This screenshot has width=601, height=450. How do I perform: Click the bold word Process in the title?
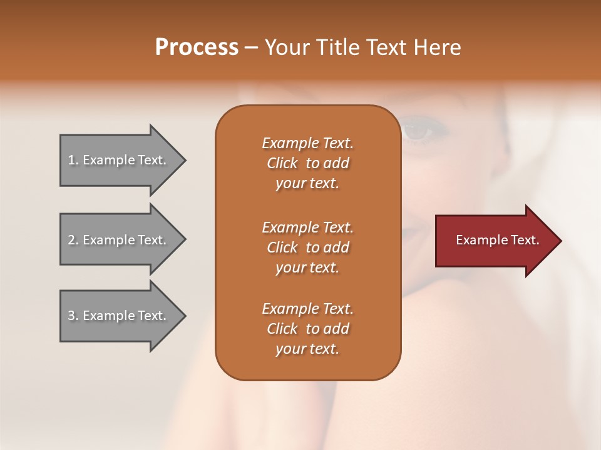pyautogui.click(x=197, y=47)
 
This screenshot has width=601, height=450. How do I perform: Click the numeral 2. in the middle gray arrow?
pyautogui.click(x=73, y=240)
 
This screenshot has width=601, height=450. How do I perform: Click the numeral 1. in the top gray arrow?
pyautogui.click(x=73, y=160)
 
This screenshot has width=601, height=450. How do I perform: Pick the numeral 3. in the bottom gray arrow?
pyautogui.click(x=73, y=316)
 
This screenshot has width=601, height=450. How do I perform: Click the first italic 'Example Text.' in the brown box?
pyautogui.click(x=307, y=143)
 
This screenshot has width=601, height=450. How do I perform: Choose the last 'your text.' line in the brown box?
pyautogui.click(x=307, y=349)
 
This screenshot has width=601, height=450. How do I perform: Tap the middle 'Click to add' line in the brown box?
pyautogui.click(x=307, y=247)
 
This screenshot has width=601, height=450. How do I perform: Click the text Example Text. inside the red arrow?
pyautogui.click(x=497, y=240)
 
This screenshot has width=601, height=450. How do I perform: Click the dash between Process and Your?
pyautogui.click(x=252, y=47)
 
